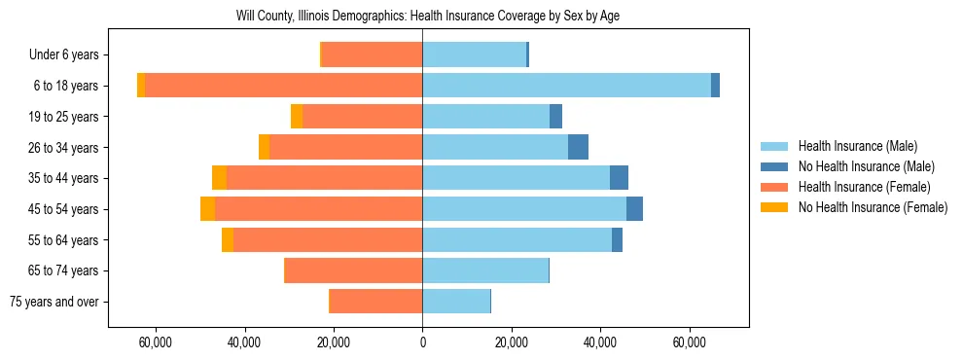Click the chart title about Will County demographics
(428, 16)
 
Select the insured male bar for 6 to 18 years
(566, 86)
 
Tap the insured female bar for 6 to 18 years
(283, 86)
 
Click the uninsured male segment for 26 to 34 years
(578, 147)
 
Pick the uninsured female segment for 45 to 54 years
(208, 208)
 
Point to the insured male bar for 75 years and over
(456, 302)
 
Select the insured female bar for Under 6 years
(372, 54)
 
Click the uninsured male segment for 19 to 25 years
(555, 117)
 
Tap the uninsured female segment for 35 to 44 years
(219, 178)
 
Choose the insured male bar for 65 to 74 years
(485, 270)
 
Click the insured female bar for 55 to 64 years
(328, 239)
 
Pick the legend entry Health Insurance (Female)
(863, 187)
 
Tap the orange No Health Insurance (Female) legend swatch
(775, 207)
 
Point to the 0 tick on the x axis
(422, 342)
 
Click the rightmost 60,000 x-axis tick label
(689, 342)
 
